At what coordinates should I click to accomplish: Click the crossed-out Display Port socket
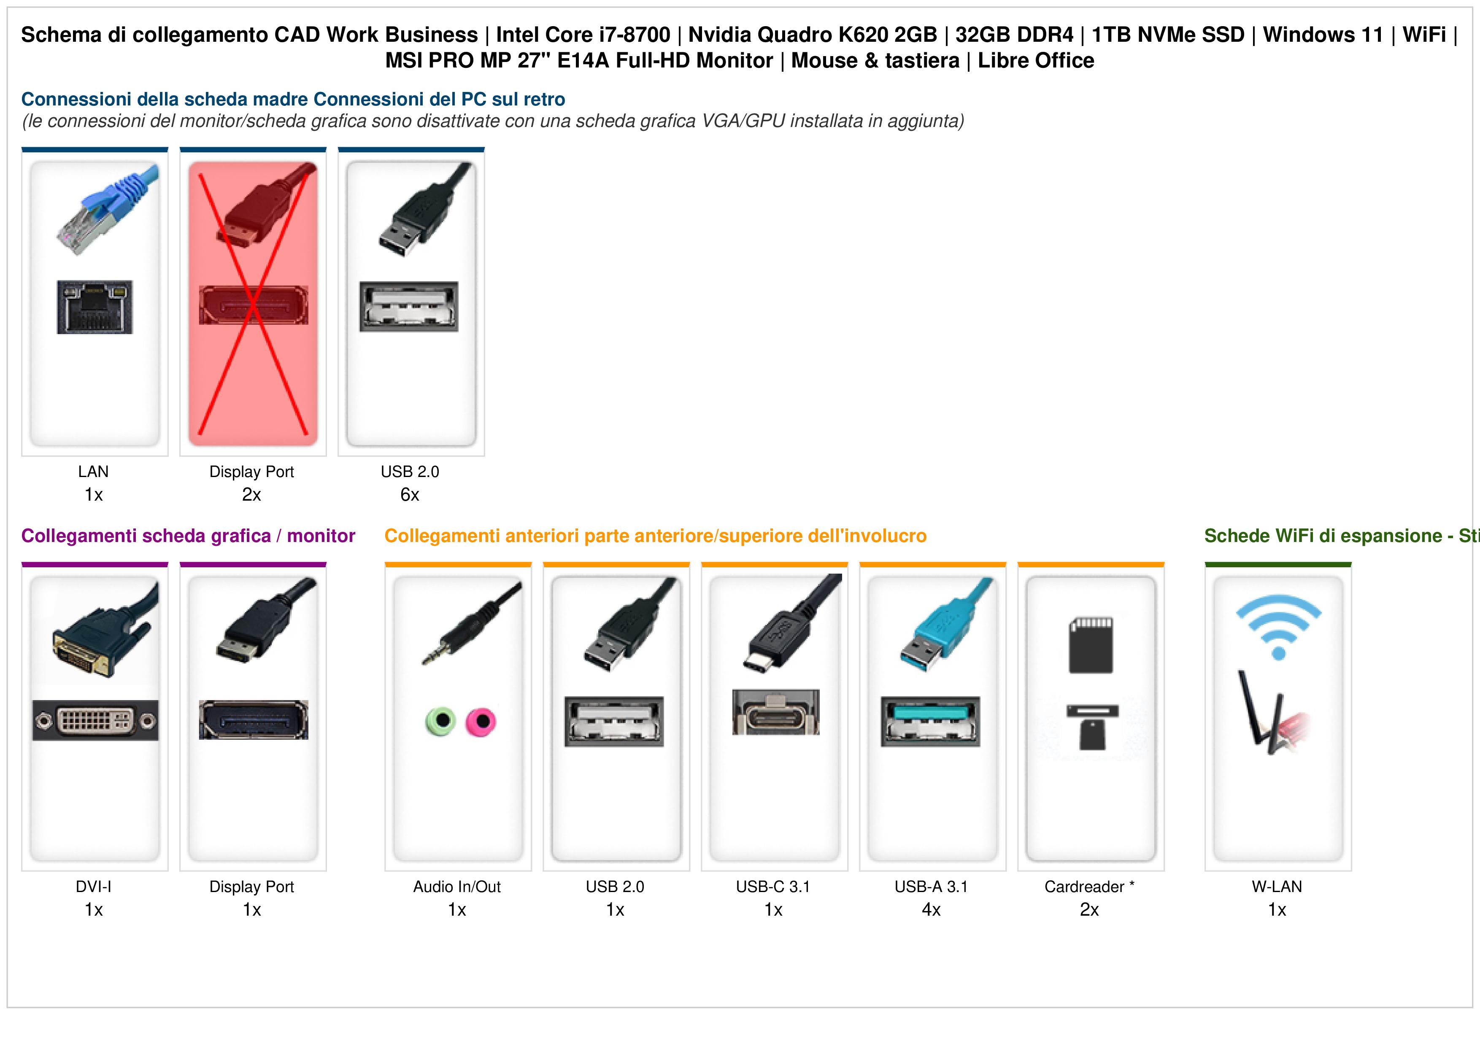(253, 305)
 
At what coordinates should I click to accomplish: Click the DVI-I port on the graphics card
(95, 720)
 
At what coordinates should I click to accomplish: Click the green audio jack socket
(440, 721)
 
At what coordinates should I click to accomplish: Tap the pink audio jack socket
(481, 721)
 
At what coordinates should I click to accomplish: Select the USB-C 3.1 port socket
(775, 712)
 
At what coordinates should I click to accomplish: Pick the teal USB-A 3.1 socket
(931, 721)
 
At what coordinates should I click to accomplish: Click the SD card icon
(1091, 645)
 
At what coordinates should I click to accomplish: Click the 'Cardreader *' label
(1089, 887)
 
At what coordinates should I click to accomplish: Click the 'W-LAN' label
(1277, 887)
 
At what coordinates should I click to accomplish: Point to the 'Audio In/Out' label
(457, 887)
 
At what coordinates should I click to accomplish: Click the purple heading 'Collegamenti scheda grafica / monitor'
(188, 536)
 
